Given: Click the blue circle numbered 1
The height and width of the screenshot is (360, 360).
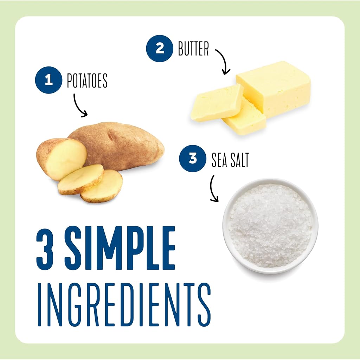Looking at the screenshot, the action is (x=49, y=80).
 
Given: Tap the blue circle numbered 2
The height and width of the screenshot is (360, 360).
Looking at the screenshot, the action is (x=160, y=49).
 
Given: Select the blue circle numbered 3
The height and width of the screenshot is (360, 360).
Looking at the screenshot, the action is (x=193, y=159).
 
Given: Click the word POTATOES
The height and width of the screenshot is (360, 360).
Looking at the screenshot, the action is (x=87, y=81).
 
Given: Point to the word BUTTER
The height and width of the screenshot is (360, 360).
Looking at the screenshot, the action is (x=194, y=49).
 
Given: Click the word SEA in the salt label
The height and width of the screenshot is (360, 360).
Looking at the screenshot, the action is (x=219, y=160).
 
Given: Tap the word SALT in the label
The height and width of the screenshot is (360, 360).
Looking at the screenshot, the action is (x=240, y=160).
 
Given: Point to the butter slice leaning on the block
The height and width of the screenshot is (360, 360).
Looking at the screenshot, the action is (x=217, y=103).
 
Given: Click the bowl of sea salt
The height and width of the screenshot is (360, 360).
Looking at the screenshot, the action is (x=270, y=226).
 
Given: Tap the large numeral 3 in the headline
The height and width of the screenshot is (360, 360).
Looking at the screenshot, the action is (x=45, y=248).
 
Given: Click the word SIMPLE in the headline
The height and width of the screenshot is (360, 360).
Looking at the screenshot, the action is (x=120, y=248).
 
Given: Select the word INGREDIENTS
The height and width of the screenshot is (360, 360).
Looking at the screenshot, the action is (x=124, y=305).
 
